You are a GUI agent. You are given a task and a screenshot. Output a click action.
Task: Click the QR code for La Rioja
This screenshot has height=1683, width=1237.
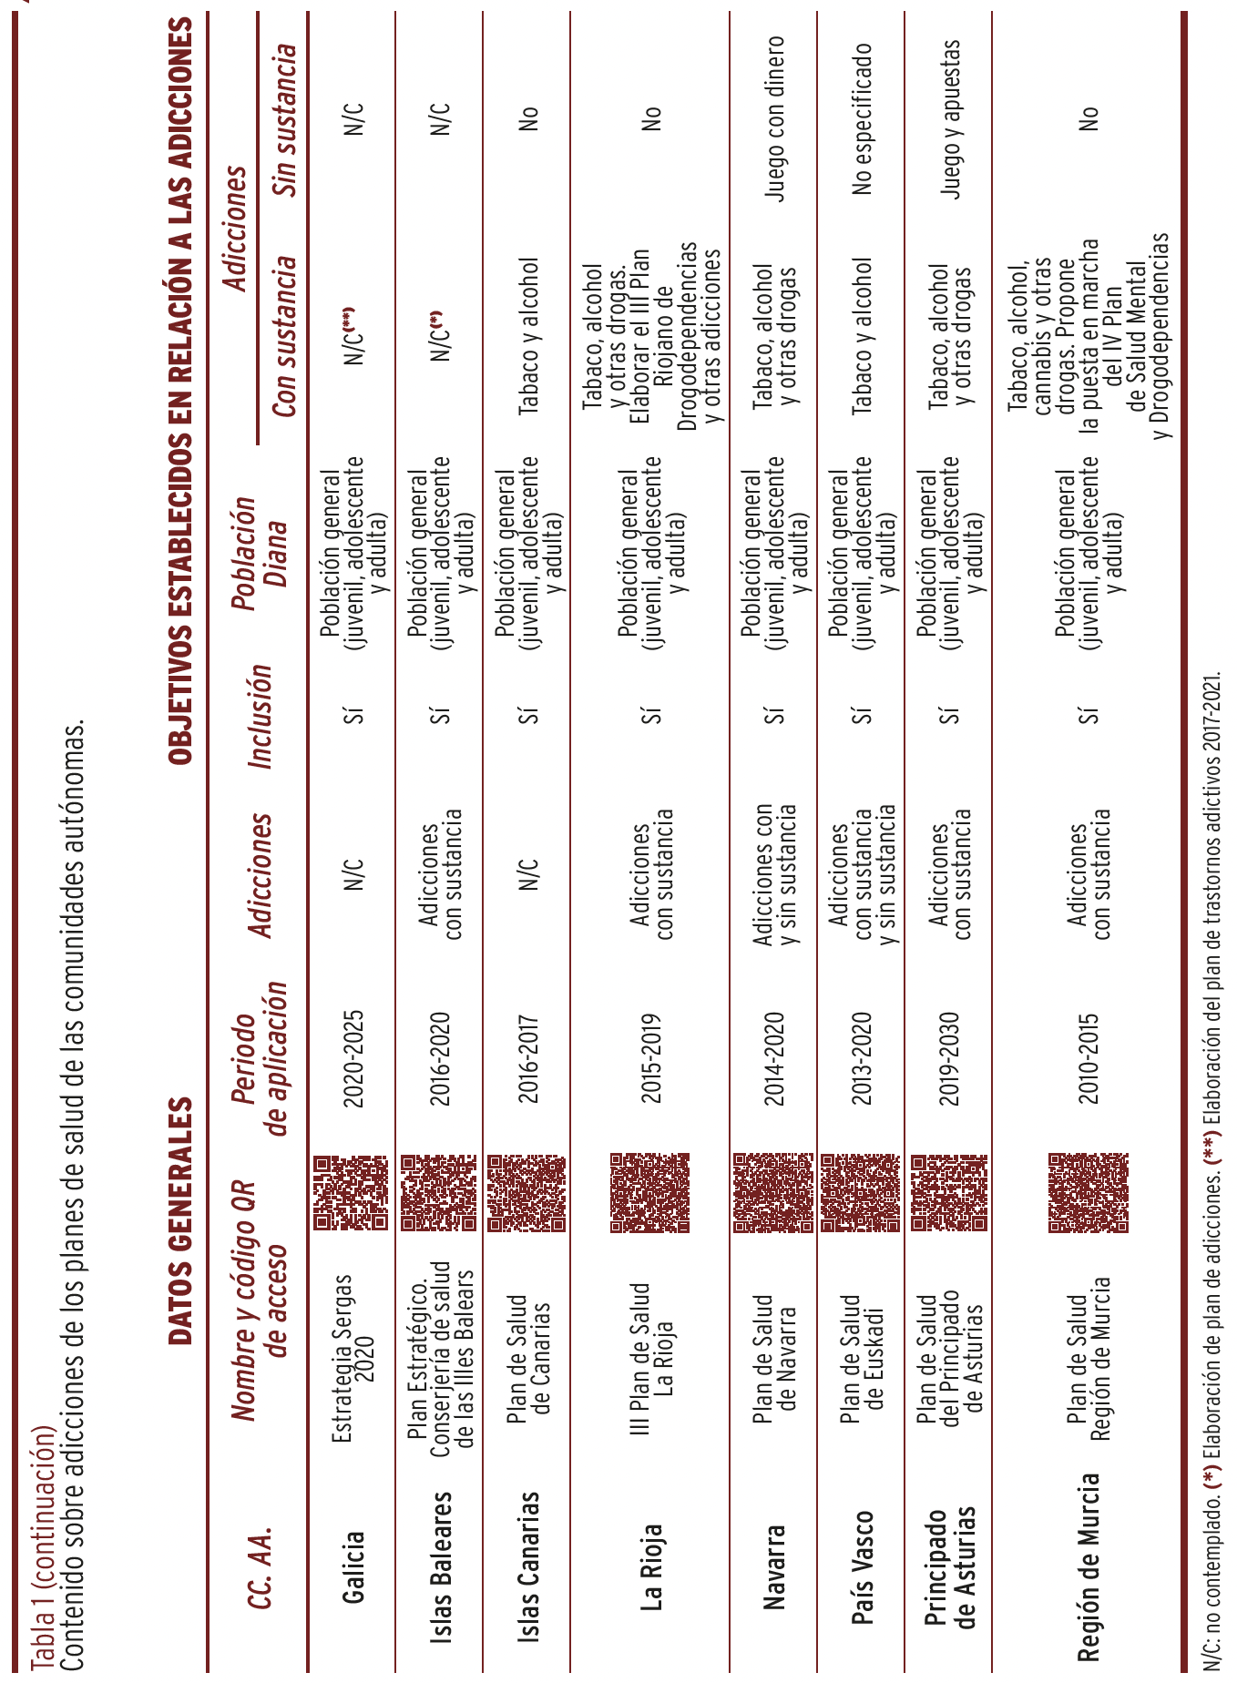click(649, 1193)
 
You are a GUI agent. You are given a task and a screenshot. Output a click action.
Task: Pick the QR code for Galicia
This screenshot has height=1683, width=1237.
click(351, 1193)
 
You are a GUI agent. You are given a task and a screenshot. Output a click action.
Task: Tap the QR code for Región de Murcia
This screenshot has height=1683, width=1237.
click(1089, 1193)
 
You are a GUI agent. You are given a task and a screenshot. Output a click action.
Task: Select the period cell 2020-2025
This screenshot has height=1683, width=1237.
click(353, 1058)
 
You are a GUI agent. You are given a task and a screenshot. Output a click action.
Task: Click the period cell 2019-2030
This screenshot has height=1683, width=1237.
click(949, 1058)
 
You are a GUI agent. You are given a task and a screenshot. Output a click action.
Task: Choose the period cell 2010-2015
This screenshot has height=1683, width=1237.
click(1089, 1058)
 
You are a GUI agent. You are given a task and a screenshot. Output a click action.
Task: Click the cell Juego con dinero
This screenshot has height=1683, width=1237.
click(774, 118)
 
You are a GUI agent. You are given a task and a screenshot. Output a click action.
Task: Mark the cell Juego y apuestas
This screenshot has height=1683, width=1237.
click(950, 118)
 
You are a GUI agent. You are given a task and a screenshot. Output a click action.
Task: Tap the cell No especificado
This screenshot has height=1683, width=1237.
click(862, 118)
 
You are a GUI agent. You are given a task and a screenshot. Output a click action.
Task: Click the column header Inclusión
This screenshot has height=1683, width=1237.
click(261, 717)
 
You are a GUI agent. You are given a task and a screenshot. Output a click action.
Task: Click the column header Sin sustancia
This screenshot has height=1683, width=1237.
click(286, 118)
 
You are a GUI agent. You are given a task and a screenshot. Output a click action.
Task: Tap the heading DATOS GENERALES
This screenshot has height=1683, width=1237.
click(180, 1220)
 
